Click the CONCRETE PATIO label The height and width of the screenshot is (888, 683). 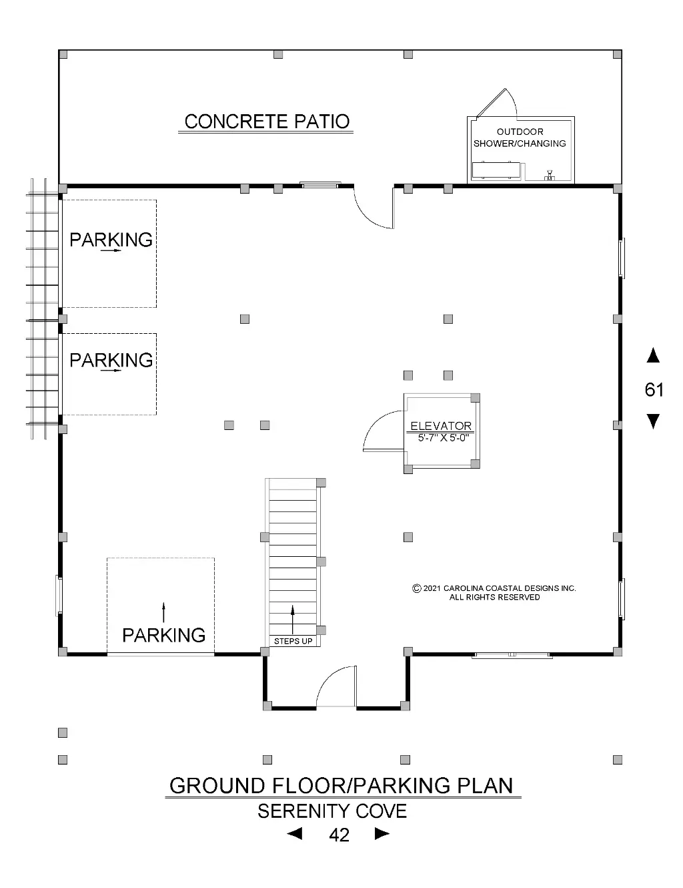(267, 122)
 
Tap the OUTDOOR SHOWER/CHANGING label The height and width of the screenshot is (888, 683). (520, 138)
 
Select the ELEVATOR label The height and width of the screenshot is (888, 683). (441, 426)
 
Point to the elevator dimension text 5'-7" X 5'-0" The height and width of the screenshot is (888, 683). (444, 438)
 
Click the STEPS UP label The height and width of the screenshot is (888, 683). (293, 641)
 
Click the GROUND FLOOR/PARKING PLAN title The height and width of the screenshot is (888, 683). (341, 786)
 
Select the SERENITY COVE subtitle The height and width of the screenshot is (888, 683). (332, 811)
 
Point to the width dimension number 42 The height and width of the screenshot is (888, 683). (339, 835)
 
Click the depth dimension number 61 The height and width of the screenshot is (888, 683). (654, 390)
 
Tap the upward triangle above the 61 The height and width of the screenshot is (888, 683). (653, 355)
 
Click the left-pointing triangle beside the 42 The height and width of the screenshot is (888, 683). (295, 834)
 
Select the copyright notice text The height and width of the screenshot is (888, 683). (494, 592)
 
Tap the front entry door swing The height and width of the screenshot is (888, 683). (331, 676)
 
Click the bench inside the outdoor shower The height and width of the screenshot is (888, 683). (496, 171)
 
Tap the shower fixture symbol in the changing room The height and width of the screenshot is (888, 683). (550, 176)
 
